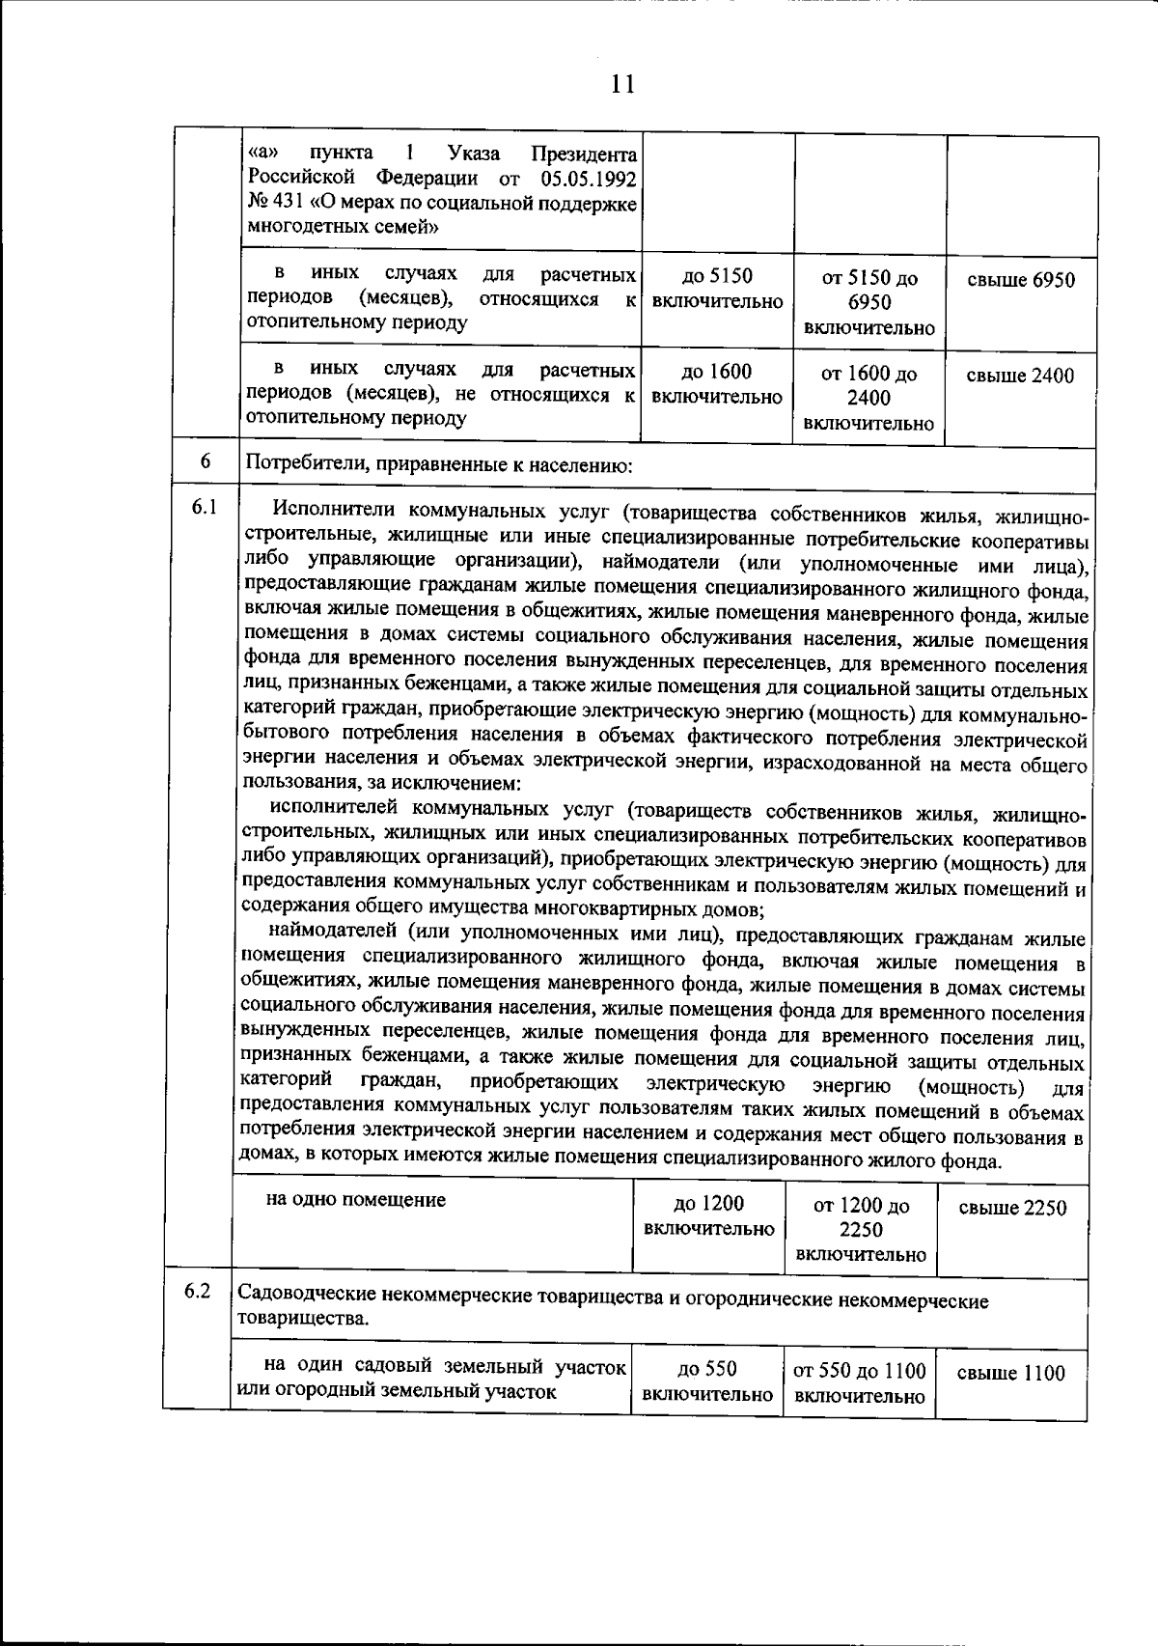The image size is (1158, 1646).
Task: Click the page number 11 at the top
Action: pyautogui.click(x=621, y=84)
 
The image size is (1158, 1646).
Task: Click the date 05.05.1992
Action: pyautogui.click(x=589, y=179)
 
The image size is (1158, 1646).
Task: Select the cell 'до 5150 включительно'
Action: pyautogui.click(x=717, y=289)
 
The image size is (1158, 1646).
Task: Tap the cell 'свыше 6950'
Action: pyautogui.click(x=1021, y=280)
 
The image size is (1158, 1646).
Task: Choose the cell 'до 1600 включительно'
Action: pyautogui.click(x=717, y=384)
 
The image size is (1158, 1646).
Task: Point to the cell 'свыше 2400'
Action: pyautogui.click(x=1021, y=376)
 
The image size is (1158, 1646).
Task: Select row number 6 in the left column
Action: pyautogui.click(x=206, y=461)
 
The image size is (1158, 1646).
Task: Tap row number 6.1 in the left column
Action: pyautogui.click(x=204, y=507)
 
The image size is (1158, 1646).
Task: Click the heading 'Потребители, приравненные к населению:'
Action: pyautogui.click(x=439, y=466)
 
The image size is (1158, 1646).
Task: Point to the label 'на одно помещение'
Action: pyautogui.click(x=356, y=1200)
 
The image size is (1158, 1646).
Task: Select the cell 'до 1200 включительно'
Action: pyautogui.click(x=708, y=1216)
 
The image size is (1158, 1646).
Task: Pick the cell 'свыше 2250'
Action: pyautogui.click(x=1012, y=1208)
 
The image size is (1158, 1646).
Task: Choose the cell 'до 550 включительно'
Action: pyautogui.click(x=707, y=1381)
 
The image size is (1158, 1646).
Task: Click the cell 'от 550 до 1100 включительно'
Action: pyautogui.click(x=860, y=1382)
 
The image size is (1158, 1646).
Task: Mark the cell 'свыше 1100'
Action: pyautogui.click(x=1010, y=1373)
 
